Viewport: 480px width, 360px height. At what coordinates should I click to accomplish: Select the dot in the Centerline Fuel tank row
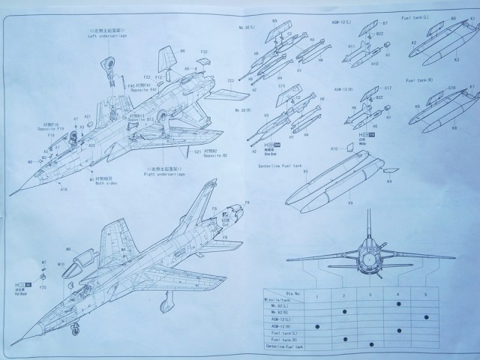coord(372,344)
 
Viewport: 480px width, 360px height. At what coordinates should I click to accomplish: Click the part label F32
coord(204,52)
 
